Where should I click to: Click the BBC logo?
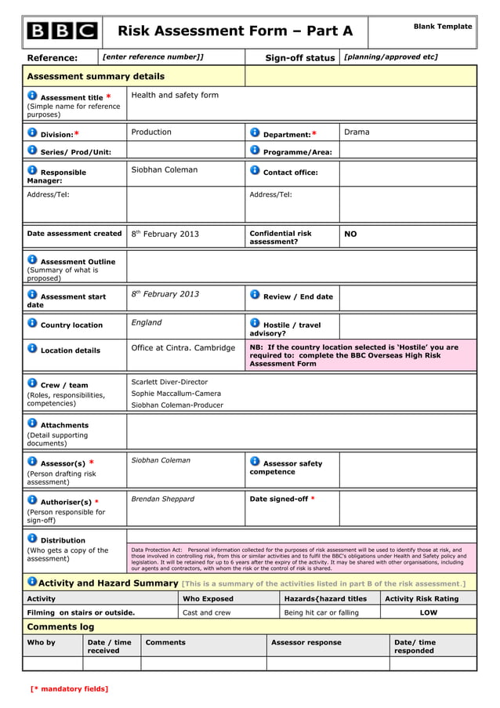(62, 31)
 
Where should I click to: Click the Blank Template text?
(443, 27)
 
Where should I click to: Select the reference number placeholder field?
(153, 56)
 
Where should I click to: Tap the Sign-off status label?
(299, 58)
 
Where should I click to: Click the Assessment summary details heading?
(96, 76)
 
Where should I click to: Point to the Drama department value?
(357, 132)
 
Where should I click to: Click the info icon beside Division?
(32, 133)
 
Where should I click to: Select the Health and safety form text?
(175, 95)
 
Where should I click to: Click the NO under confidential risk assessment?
(350, 234)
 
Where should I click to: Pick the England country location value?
(147, 322)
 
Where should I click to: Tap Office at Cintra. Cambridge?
(183, 347)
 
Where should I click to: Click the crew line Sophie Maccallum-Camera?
(176, 394)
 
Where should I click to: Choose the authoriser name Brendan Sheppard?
(162, 499)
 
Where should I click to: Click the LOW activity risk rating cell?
(429, 612)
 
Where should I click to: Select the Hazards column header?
(325, 598)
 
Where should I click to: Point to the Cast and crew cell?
(206, 612)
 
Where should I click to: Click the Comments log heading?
(60, 626)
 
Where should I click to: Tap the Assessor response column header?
(306, 642)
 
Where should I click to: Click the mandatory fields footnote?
(69, 688)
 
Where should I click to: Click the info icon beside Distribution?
(32, 538)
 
